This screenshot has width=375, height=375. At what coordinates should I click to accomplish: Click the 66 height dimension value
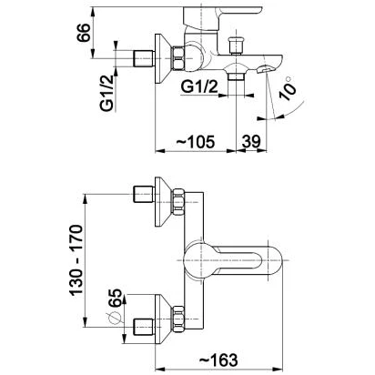click(x=84, y=33)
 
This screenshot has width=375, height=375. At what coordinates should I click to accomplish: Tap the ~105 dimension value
click(x=196, y=142)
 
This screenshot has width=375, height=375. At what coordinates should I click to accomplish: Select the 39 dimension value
click(x=251, y=141)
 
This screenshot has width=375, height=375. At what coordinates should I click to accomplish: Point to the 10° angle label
click(x=288, y=88)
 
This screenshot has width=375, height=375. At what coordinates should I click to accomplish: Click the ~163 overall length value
click(x=218, y=360)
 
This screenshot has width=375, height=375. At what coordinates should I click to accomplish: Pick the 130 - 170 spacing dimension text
click(x=76, y=260)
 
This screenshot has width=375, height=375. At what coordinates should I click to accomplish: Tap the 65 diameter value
click(x=115, y=298)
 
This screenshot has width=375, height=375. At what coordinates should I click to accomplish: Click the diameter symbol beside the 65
click(x=114, y=318)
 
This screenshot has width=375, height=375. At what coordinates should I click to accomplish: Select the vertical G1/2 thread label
click(x=106, y=93)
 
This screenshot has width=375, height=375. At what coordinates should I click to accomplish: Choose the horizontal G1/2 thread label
click(x=199, y=87)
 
